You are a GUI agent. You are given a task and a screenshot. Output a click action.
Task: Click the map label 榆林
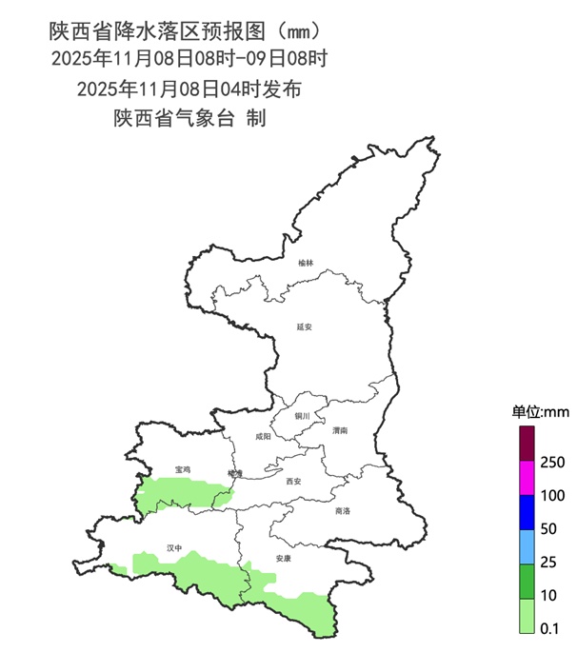(x=305, y=263)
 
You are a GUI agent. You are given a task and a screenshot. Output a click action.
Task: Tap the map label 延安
(x=305, y=326)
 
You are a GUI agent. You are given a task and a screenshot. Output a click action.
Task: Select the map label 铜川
(x=302, y=415)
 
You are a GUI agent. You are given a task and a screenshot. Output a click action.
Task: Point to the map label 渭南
(x=340, y=430)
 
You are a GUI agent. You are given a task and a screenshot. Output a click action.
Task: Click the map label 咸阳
(x=264, y=437)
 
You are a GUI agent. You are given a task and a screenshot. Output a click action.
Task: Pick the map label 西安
(x=293, y=482)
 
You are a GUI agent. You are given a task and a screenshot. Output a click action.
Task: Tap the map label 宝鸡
(x=183, y=469)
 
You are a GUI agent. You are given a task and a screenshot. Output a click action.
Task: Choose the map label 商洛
(x=343, y=511)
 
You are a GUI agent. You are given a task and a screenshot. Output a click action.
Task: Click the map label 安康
(x=283, y=559)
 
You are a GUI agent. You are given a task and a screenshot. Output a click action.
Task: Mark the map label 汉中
(x=174, y=548)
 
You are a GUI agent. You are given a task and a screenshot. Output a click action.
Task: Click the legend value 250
(x=552, y=463)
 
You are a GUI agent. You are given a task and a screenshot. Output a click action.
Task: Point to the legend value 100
(x=552, y=496)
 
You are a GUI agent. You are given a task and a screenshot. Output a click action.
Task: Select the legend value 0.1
(x=550, y=628)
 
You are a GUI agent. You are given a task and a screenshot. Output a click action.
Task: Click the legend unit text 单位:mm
(x=540, y=412)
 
